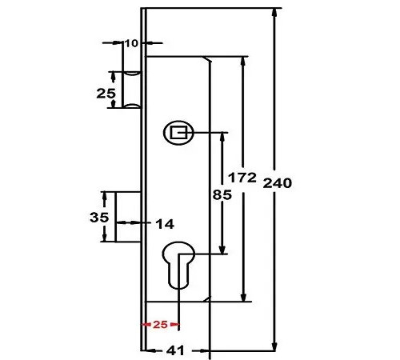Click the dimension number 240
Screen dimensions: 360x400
tap(276, 182)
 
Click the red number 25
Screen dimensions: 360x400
tap(160, 325)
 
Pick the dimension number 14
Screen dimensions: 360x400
tap(165, 222)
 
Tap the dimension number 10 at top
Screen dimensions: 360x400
tap(132, 42)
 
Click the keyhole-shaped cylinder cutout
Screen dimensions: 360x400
tap(179, 268)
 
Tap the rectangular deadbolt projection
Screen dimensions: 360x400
tap(128, 217)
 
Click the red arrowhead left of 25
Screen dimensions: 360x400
tap(145, 325)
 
